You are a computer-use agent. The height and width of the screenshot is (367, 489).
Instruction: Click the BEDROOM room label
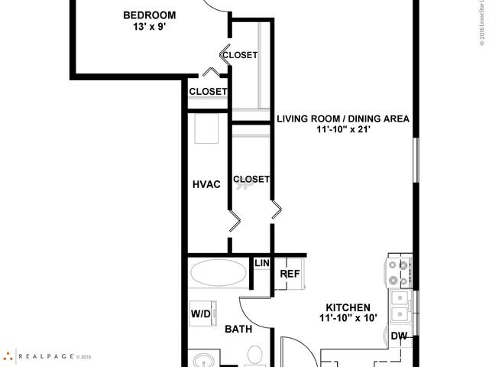pos(150,15)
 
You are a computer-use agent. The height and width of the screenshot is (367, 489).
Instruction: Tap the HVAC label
pos(206,184)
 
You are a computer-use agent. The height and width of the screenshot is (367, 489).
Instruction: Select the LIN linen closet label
pos(262,263)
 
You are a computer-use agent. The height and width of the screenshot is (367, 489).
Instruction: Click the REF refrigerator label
pos(289,274)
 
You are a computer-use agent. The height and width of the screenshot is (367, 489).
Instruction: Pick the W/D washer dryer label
pos(201,313)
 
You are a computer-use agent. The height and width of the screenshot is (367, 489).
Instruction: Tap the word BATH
pos(238,330)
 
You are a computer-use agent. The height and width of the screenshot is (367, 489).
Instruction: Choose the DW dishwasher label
pos(398,336)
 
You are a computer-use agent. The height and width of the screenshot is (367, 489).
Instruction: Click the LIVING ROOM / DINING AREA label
pos(343,119)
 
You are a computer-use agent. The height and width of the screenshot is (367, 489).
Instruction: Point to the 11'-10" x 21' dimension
pos(343,131)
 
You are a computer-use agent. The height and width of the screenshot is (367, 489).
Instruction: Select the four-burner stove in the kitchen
pos(399,272)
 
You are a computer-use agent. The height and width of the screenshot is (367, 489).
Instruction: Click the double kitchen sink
pos(400,307)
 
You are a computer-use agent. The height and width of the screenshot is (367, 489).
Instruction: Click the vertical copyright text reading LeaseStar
pos(482,23)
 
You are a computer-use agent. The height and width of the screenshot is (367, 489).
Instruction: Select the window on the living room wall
pos(416,161)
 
